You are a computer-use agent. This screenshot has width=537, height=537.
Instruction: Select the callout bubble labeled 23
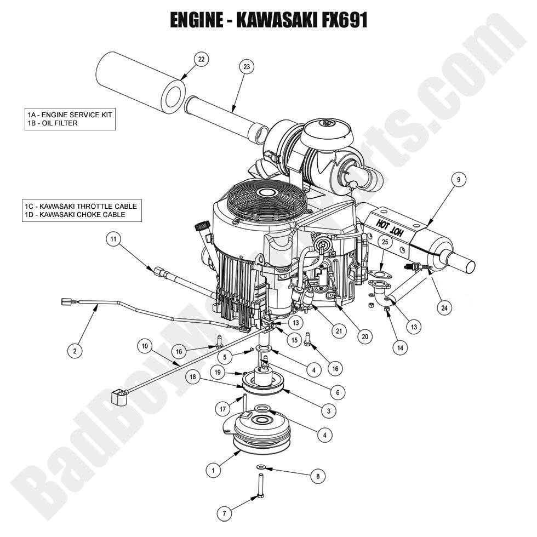pos(246,67)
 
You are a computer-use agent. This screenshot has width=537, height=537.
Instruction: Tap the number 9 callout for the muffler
pos(458,179)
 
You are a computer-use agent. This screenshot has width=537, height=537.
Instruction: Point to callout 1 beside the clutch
pos(213,470)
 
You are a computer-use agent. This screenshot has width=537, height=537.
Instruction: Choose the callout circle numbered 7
pos(224,513)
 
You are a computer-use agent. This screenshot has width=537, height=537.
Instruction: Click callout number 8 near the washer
pos(317,477)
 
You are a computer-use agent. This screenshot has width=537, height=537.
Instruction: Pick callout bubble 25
pos(384,242)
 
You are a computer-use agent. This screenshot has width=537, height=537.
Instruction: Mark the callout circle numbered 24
pos(444,308)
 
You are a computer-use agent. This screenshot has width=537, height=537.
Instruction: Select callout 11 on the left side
pos(113,239)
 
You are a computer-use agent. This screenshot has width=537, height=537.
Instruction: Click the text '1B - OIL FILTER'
pos(53,123)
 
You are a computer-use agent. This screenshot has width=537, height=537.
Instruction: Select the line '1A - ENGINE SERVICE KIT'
pos(70,115)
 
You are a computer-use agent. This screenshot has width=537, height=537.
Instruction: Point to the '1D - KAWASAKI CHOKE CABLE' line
pos(75,215)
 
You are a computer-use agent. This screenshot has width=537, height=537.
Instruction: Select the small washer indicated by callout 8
pos(261,466)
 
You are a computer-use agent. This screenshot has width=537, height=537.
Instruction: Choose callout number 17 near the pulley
pos(223,408)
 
